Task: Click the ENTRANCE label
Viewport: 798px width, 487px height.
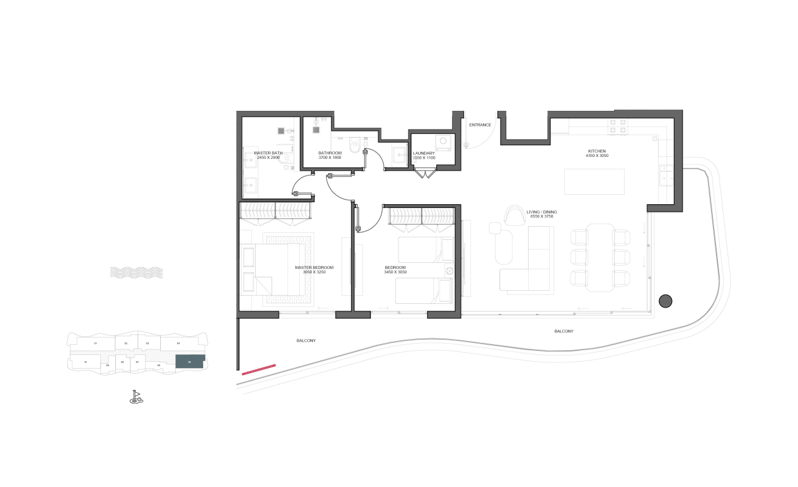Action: (480, 125)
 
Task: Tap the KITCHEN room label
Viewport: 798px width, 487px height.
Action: (597, 151)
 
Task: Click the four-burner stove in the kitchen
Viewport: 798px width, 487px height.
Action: (618, 126)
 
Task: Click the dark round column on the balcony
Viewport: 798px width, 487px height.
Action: (665, 301)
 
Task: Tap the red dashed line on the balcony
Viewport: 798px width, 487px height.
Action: (258, 369)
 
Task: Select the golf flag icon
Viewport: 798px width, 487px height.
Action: (136, 397)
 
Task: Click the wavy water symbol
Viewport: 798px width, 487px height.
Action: (136, 272)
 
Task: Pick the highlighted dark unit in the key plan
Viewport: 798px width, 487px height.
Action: (190, 362)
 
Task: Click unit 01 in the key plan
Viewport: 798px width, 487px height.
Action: (95, 343)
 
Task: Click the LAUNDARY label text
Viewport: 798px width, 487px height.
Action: (424, 153)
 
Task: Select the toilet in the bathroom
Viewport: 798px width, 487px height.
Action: (355, 144)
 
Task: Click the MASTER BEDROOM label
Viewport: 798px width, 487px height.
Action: (314, 267)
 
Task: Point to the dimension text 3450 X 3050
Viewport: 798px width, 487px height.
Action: (395, 272)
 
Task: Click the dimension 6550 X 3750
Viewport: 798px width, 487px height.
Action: (541, 217)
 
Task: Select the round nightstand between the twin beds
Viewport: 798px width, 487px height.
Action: (449, 270)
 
